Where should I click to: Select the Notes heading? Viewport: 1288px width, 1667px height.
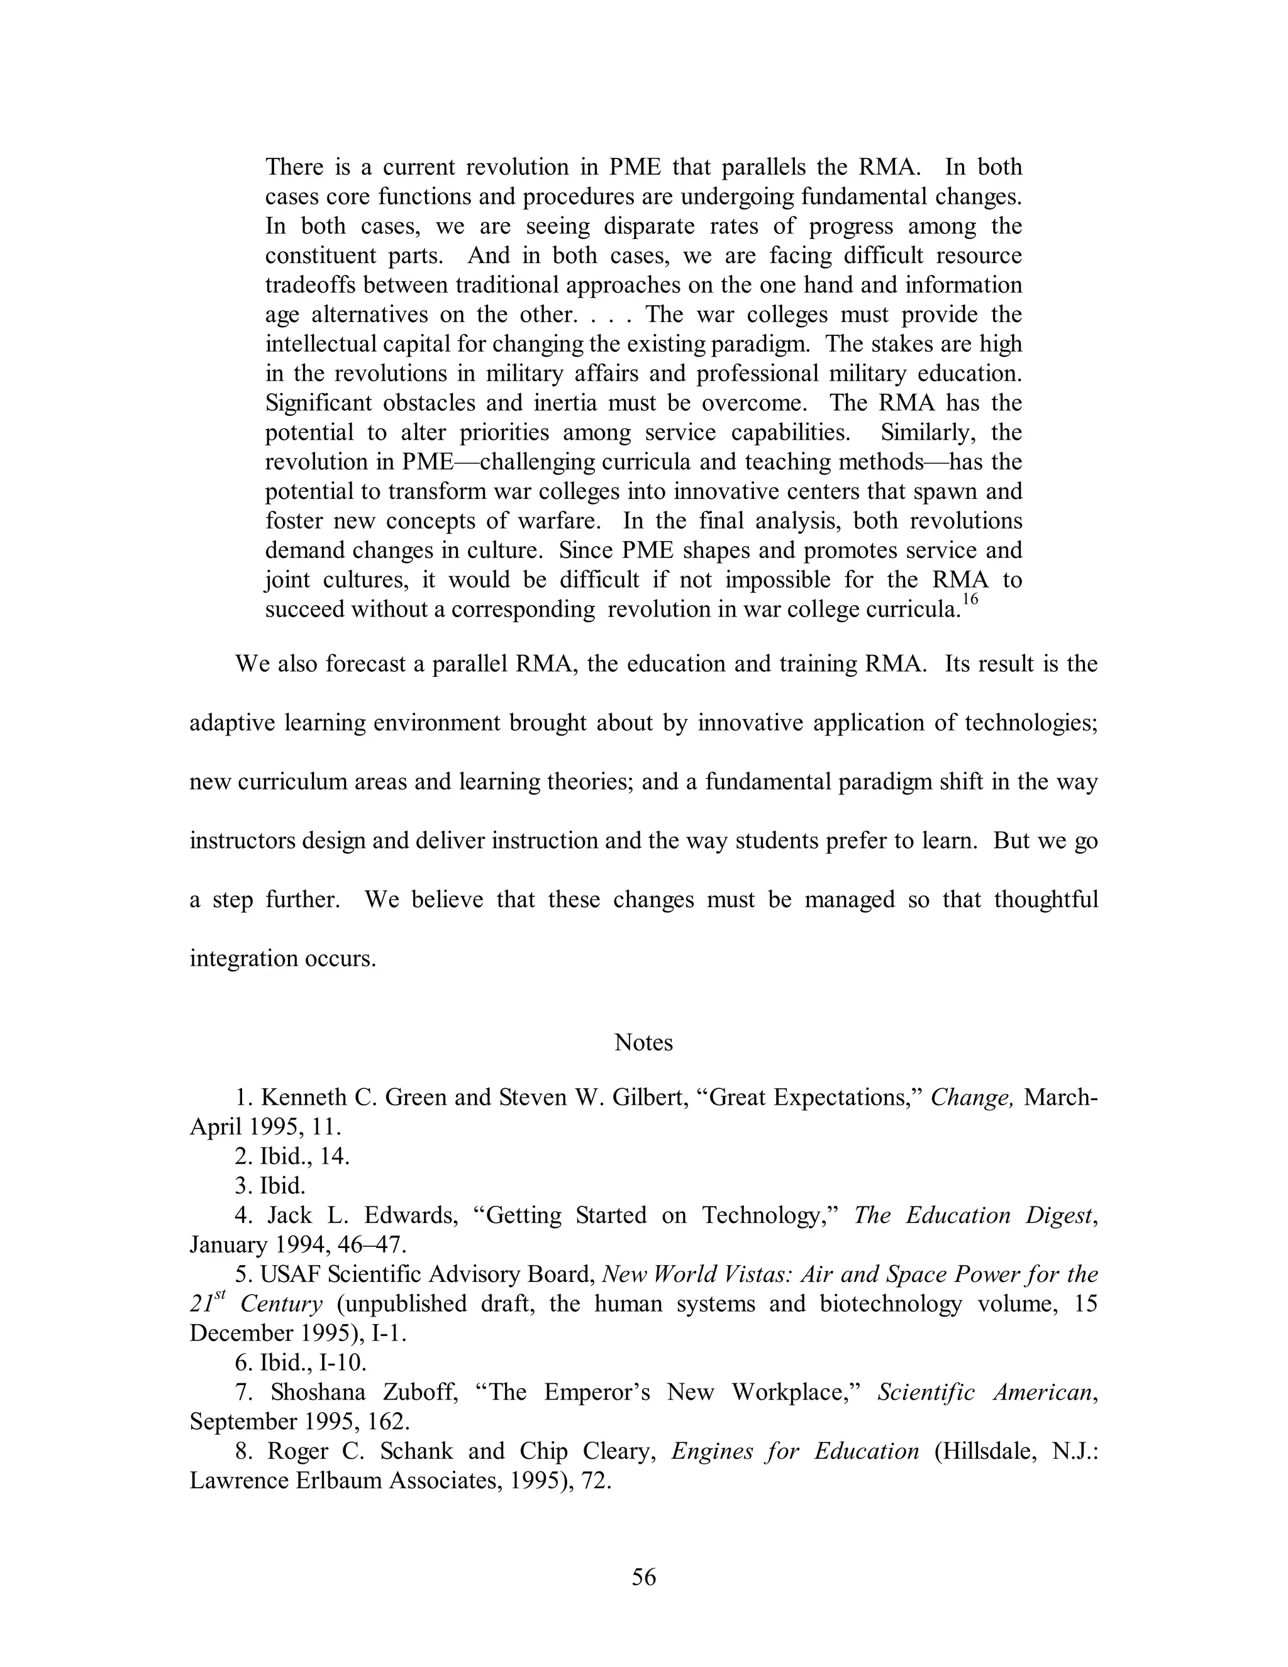(x=643, y=1042)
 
